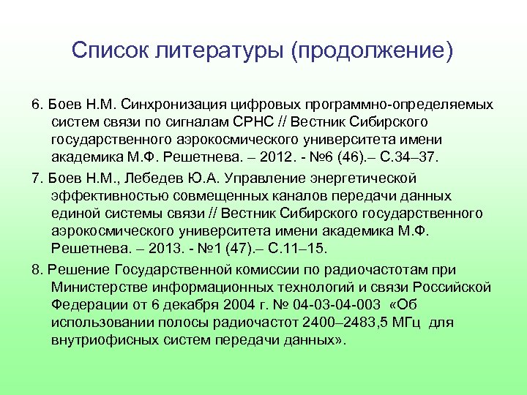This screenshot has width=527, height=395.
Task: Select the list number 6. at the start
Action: tap(38, 104)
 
